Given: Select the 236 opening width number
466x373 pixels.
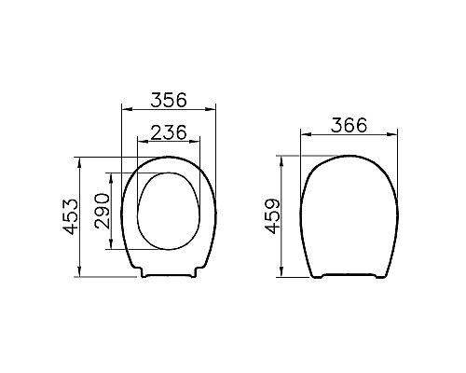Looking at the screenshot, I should (169, 131).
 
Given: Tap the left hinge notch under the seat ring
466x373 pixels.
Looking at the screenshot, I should (144, 274).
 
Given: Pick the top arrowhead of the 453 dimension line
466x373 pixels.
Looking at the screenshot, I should (82, 158).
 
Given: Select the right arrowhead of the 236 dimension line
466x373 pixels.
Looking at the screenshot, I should (198, 142).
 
